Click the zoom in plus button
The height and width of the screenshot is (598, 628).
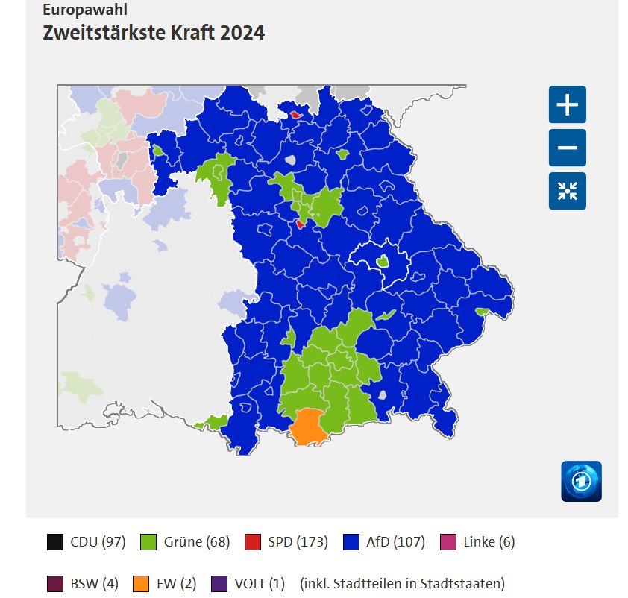coord(568,104)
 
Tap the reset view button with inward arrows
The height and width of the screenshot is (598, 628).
coord(568,191)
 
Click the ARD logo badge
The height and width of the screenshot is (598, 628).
coord(581,481)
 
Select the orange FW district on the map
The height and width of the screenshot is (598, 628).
coord(307,428)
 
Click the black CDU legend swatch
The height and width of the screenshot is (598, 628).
coord(54,542)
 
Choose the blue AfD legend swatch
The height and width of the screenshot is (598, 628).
coord(352,542)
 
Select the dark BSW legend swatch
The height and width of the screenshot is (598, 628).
coord(54,583)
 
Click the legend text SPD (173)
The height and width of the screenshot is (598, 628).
coord(298,542)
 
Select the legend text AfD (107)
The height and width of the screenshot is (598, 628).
coord(395,542)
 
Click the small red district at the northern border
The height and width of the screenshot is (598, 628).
coord(296,115)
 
